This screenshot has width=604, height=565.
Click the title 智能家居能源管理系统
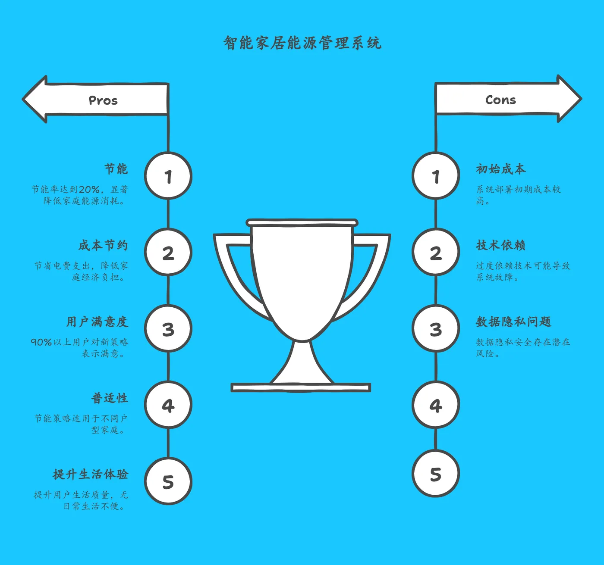point(302,43)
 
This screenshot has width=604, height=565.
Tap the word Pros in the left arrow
point(103,100)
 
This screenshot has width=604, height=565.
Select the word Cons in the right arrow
point(500,100)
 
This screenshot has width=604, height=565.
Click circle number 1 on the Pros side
point(168,176)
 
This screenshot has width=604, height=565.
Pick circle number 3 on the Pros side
point(168,329)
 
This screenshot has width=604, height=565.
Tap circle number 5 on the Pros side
point(168,481)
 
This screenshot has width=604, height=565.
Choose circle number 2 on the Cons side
point(436,253)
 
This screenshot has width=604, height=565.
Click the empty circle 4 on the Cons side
point(436,405)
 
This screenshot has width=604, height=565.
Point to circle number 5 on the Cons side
point(436,474)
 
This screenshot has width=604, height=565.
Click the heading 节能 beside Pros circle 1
point(116,169)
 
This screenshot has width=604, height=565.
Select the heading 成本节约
point(103,245)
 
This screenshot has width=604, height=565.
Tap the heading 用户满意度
point(97,322)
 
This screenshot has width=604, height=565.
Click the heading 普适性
point(110,398)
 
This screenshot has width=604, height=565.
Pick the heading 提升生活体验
point(91,474)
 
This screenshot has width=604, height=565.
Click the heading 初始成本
point(500,169)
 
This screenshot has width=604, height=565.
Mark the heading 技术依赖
point(500,245)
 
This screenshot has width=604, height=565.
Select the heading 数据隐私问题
point(513,322)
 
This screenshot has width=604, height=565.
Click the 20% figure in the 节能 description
point(89,190)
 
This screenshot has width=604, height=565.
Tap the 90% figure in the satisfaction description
point(41,342)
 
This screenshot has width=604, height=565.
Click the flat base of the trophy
point(301,388)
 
